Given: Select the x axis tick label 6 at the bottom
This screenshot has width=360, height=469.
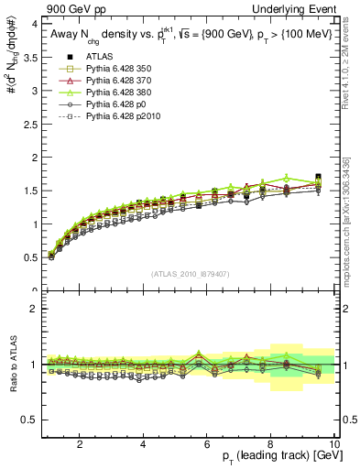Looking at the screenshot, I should coord(206,444).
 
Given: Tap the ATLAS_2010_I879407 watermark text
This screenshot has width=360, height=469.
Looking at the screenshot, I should coord(189,274).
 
